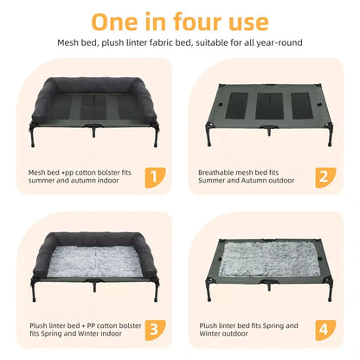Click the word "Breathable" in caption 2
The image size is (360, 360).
click(217, 171)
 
